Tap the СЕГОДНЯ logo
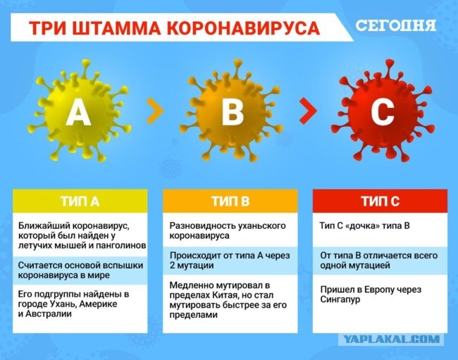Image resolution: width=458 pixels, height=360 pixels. click(396, 25)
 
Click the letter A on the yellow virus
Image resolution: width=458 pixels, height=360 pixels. click(78, 112)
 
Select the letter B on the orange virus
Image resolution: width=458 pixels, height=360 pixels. click(233, 112)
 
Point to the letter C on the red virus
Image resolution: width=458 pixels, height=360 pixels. click(383, 112)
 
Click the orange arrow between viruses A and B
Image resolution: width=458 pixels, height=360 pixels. click(155, 111)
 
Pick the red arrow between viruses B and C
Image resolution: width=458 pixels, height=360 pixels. click(308, 111)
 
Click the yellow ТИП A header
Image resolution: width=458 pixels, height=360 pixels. click(80, 201)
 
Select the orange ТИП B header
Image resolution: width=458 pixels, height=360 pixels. click(230, 201)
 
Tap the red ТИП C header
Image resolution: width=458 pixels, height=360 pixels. click(380, 201)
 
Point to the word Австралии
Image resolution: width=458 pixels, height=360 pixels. click(49, 314)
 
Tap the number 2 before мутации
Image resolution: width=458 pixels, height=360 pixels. click(173, 266)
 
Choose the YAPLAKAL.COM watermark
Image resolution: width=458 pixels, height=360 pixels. click(391, 339)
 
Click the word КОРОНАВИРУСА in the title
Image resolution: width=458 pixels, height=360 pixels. click(244, 28)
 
